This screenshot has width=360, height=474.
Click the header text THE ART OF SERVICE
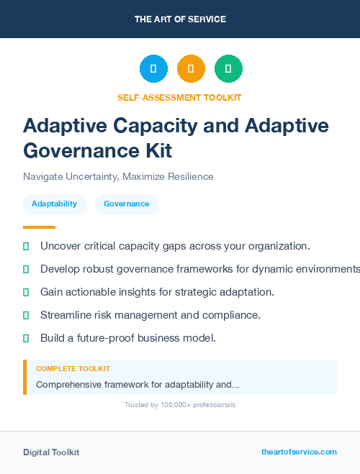tap(180, 19)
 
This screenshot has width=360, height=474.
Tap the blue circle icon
tap(153, 68)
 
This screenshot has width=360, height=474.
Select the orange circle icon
tap(191, 68)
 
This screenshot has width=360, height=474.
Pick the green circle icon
tap(228, 68)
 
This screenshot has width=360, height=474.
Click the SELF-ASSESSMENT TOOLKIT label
tap(179, 97)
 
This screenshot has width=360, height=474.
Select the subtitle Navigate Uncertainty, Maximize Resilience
tap(118, 176)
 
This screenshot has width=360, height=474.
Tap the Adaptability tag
tap(54, 204)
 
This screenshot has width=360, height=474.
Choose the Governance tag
tap(126, 204)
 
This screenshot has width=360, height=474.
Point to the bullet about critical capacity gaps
tap(175, 246)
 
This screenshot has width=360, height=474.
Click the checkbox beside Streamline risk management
tap(26, 315)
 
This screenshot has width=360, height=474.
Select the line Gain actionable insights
tap(157, 292)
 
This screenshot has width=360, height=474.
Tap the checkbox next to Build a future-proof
tap(26, 338)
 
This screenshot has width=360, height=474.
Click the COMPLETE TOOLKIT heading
tap(73, 368)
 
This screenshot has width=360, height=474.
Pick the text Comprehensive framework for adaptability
tap(138, 384)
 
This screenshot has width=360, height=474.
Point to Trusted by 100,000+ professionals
tap(179, 405)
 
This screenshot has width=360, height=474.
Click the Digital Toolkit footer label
tap(51, 452)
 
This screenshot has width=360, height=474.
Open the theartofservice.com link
tap(299, 452)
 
